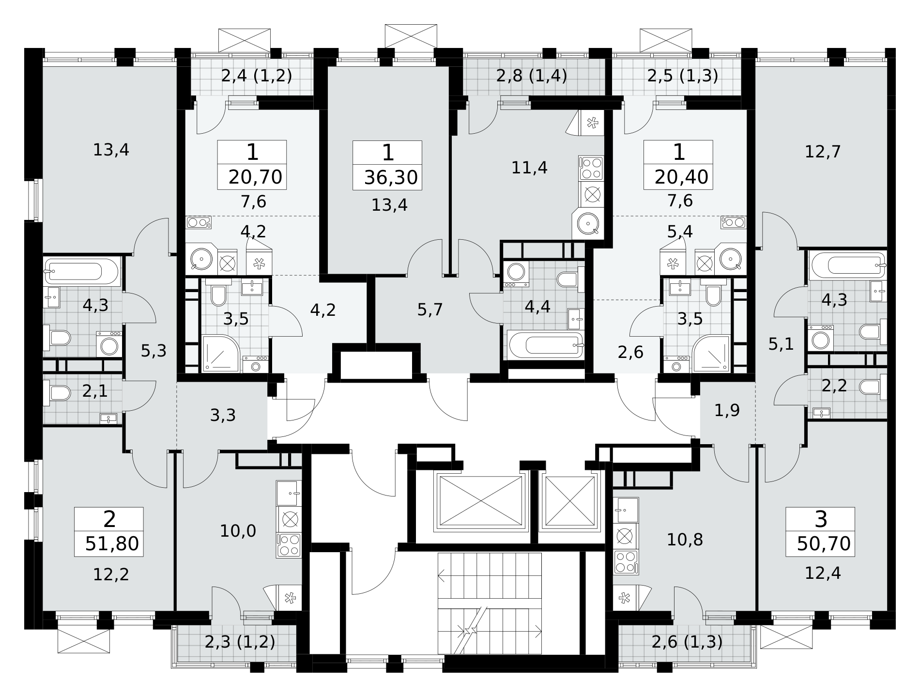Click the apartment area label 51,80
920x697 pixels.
click(x=112, y=544)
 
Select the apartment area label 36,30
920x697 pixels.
click(x=391, y=178)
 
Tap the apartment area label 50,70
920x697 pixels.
click(x=824, y=544)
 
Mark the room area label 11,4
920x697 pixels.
click(x=529, y=168)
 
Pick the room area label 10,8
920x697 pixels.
click(x=685, y=540)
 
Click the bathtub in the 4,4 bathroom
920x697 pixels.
click(x=545, y=345)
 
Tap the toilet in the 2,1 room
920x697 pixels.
click(x=57, y=392)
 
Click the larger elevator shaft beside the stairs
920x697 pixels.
click(x=481, y=501)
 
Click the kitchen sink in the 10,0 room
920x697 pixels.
click(x=289, y=494)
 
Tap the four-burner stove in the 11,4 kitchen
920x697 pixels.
click(x=591, y=169)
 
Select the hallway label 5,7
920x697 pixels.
click(x=430, y=309)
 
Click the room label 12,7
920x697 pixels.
click(x=823, y=152)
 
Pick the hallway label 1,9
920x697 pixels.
click(x=727, y=410)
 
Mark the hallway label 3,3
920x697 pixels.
click(x=223, y=415)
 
